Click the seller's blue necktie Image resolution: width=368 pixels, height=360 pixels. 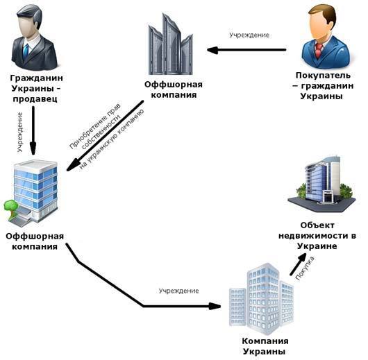tap(26, 51)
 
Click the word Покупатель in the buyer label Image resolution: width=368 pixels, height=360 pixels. tap(323, 76)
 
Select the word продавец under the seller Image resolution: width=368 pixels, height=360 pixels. tap(35, 99)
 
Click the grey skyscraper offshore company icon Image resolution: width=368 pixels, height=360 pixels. tap(170, 44)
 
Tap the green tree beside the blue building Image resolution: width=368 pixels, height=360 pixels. tap(11, 207)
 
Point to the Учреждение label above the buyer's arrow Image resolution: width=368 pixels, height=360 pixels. tap(249, 35)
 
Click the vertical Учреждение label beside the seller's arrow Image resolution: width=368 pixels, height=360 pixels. tap(20, 132)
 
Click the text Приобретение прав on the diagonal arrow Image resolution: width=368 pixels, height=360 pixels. tap(95, 126)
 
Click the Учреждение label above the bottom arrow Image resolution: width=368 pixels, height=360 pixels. tap(179, 291)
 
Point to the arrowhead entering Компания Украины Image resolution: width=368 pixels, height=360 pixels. tap(215, 306)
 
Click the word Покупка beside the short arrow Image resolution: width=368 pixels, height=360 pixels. tap(305, 268)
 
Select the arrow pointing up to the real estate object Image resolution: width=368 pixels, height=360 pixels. tap(299, 264)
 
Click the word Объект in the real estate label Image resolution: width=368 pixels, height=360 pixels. tap(317, 225)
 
